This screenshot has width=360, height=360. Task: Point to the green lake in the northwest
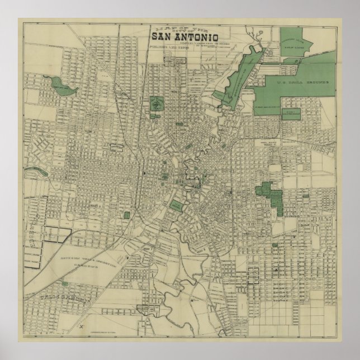[x=59, y=86]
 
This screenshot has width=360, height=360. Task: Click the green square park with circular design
[x=156, y=105]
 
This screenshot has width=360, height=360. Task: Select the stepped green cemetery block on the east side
[x=272, y=195]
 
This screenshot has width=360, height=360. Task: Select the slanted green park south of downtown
[x=176, y=206]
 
